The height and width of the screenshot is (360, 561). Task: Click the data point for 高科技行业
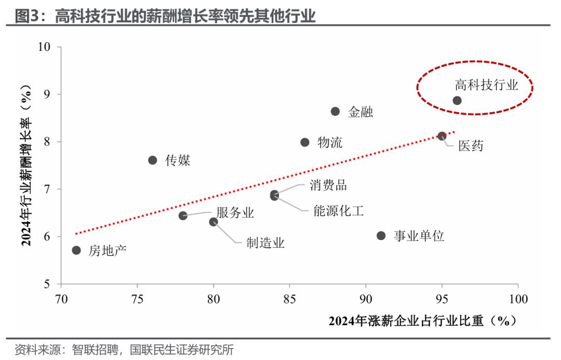(457, 100)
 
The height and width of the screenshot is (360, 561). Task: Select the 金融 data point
(335, 111)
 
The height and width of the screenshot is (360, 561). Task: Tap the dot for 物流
(305, 142)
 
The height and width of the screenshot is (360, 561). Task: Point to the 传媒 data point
(153, 160)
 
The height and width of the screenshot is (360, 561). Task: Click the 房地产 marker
(76, 250)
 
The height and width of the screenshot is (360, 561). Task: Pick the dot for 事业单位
(381, 236)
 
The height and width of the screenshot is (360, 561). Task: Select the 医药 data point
(442, 136)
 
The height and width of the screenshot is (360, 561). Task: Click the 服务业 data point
(183, 216)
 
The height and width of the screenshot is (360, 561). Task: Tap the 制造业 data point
(213, 222)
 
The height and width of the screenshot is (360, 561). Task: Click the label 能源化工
(338, 211)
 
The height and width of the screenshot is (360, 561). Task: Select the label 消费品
(328, 185)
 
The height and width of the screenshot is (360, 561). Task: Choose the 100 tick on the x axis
(518, 300)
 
